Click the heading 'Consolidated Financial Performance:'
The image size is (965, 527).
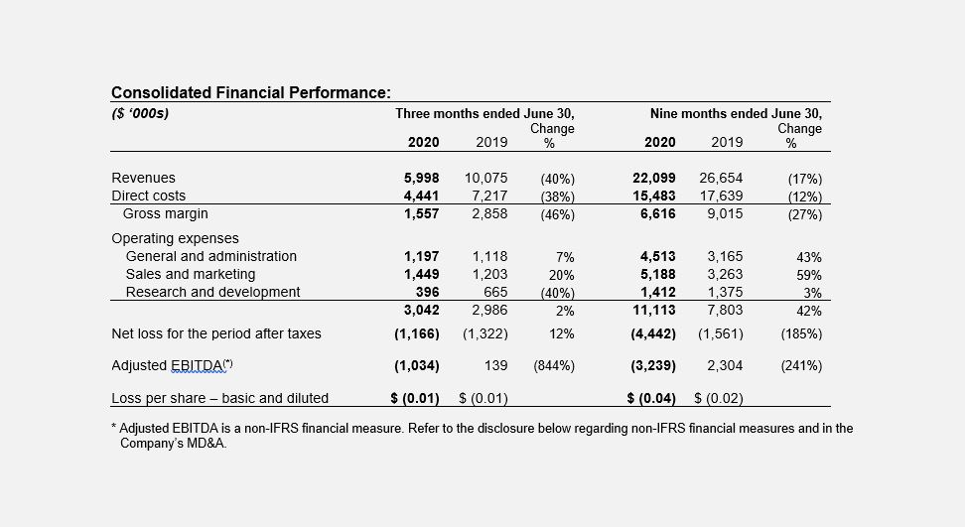(x=250, y=93)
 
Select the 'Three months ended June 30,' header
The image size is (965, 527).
(x=484, y=114)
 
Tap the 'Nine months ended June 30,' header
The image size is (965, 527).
(x=736, y=114)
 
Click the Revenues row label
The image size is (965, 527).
(x=143, y=179)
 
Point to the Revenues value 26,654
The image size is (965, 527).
(x=721, y=179)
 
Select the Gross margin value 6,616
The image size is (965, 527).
(x=656, y=214)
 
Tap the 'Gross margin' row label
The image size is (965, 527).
(x=165, y=214)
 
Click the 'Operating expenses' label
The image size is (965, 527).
(x=175, y=238)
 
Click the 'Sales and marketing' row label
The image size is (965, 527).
(x=190, y=274)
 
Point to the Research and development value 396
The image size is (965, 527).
(x=427, y=292)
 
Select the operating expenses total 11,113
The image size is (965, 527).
(x=653, y=311)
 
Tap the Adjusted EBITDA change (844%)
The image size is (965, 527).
(x=554, y=366)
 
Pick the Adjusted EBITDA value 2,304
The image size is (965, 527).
(x=725, y=366)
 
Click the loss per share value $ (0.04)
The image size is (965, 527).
(x=651, y=399)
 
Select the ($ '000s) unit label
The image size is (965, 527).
(x=140, y=113)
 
